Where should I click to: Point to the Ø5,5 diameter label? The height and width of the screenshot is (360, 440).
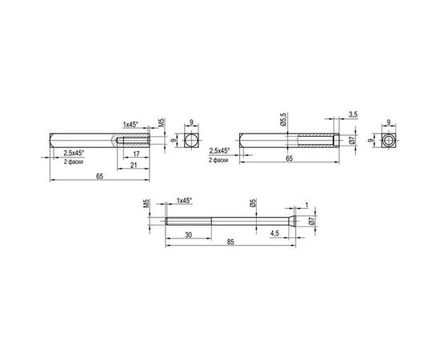tap(282, 120)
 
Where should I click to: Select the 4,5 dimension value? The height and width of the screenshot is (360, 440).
tap(275, 234)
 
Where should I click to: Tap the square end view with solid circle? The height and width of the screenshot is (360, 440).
tap(190, 140)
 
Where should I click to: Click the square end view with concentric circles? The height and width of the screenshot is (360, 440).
tap(388, 141)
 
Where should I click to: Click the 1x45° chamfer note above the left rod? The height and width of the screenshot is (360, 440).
tap(130, 124)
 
